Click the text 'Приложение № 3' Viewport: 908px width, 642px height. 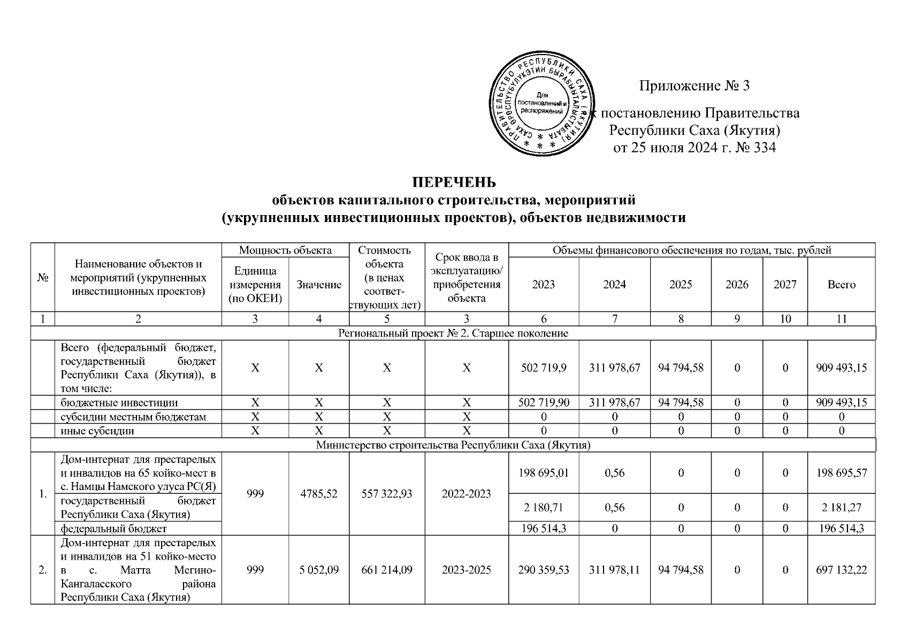[x=694, y=86]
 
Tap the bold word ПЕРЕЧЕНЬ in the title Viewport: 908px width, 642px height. [x=453, y=182]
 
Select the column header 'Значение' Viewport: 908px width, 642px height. [x=319, y=285]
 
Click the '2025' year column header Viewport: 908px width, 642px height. [x=681, y=285]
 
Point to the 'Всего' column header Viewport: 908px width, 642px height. [x=841, y=285]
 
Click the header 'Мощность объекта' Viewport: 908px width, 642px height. [x=285, y=250]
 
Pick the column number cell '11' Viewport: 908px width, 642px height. [x=841, y=319]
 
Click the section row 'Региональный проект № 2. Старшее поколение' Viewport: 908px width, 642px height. [x=453, y=333]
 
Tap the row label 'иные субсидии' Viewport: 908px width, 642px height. [x=97, y=431]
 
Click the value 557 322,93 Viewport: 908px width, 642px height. [x=387, y=493]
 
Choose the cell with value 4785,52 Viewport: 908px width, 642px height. [x=319, y=493]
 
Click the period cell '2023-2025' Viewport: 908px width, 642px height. [x=467, y=570]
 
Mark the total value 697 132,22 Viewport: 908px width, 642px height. [x=841, y=570]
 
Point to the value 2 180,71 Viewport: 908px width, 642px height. [x=543, y=507]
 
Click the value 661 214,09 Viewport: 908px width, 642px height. [x=387, y=570]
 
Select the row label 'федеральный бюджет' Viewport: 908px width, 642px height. [x=113, y=529]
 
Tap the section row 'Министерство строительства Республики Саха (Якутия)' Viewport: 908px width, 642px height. [x=453, y=445]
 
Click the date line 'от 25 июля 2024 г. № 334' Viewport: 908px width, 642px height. [x=694, y=148]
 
